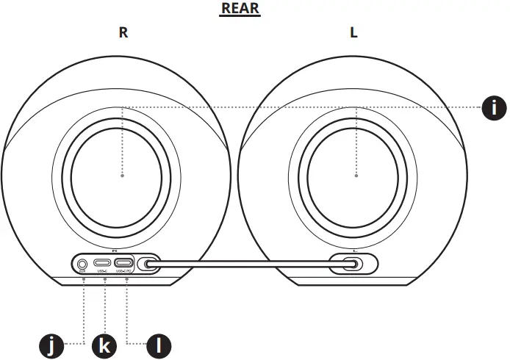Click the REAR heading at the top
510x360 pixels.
tap(241, 10)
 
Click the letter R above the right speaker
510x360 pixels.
tap(123, 33)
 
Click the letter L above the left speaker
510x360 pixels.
tap(353, 33)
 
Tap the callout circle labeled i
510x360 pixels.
tap(494, 107)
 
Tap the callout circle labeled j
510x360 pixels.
tap(50, 344)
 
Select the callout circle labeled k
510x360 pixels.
tap(105, 344)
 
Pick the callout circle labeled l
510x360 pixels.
tap(159, 344)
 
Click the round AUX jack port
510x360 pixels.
tap(83, 263)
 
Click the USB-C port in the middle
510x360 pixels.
tap(103, 263)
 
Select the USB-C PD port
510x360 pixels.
tap(123, 263)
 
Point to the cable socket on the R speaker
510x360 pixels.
tap(149, 263)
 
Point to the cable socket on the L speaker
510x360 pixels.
tap(354, 263)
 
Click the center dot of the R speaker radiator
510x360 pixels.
tap(122, 176)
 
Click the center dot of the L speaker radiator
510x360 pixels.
tap(356, 176)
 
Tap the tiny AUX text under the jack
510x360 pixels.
tap(82, 273)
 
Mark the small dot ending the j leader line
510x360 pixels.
tap(83, 279)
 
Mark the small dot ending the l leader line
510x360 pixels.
tap(127, 279)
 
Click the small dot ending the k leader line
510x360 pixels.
tap(105, 279)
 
